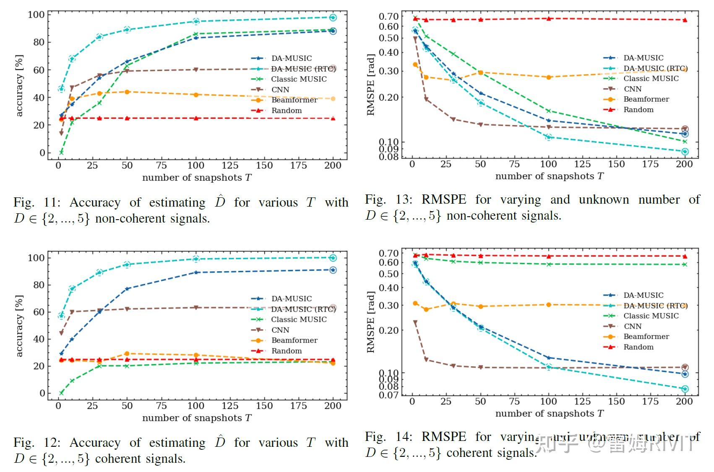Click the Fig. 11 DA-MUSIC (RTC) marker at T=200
point(333,18)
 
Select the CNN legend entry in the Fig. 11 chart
point(280,89)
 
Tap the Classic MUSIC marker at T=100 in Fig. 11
point(195,34)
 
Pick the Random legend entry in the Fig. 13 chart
point(638,110)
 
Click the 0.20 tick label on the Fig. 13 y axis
point(388,97)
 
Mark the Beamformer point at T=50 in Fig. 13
point(480,73)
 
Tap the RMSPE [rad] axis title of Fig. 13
point(370,84)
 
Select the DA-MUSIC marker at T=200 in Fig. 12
point(333,270)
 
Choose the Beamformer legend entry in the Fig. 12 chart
point(294,340)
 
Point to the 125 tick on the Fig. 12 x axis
point(230,406)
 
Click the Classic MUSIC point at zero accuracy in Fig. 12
point(61,393)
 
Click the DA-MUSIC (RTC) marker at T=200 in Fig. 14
point(685,389)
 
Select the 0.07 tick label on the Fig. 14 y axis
point(388,395)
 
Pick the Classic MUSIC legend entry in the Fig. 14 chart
point(651,316)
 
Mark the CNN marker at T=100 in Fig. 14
point(548,368)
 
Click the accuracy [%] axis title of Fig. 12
point(19,326)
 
